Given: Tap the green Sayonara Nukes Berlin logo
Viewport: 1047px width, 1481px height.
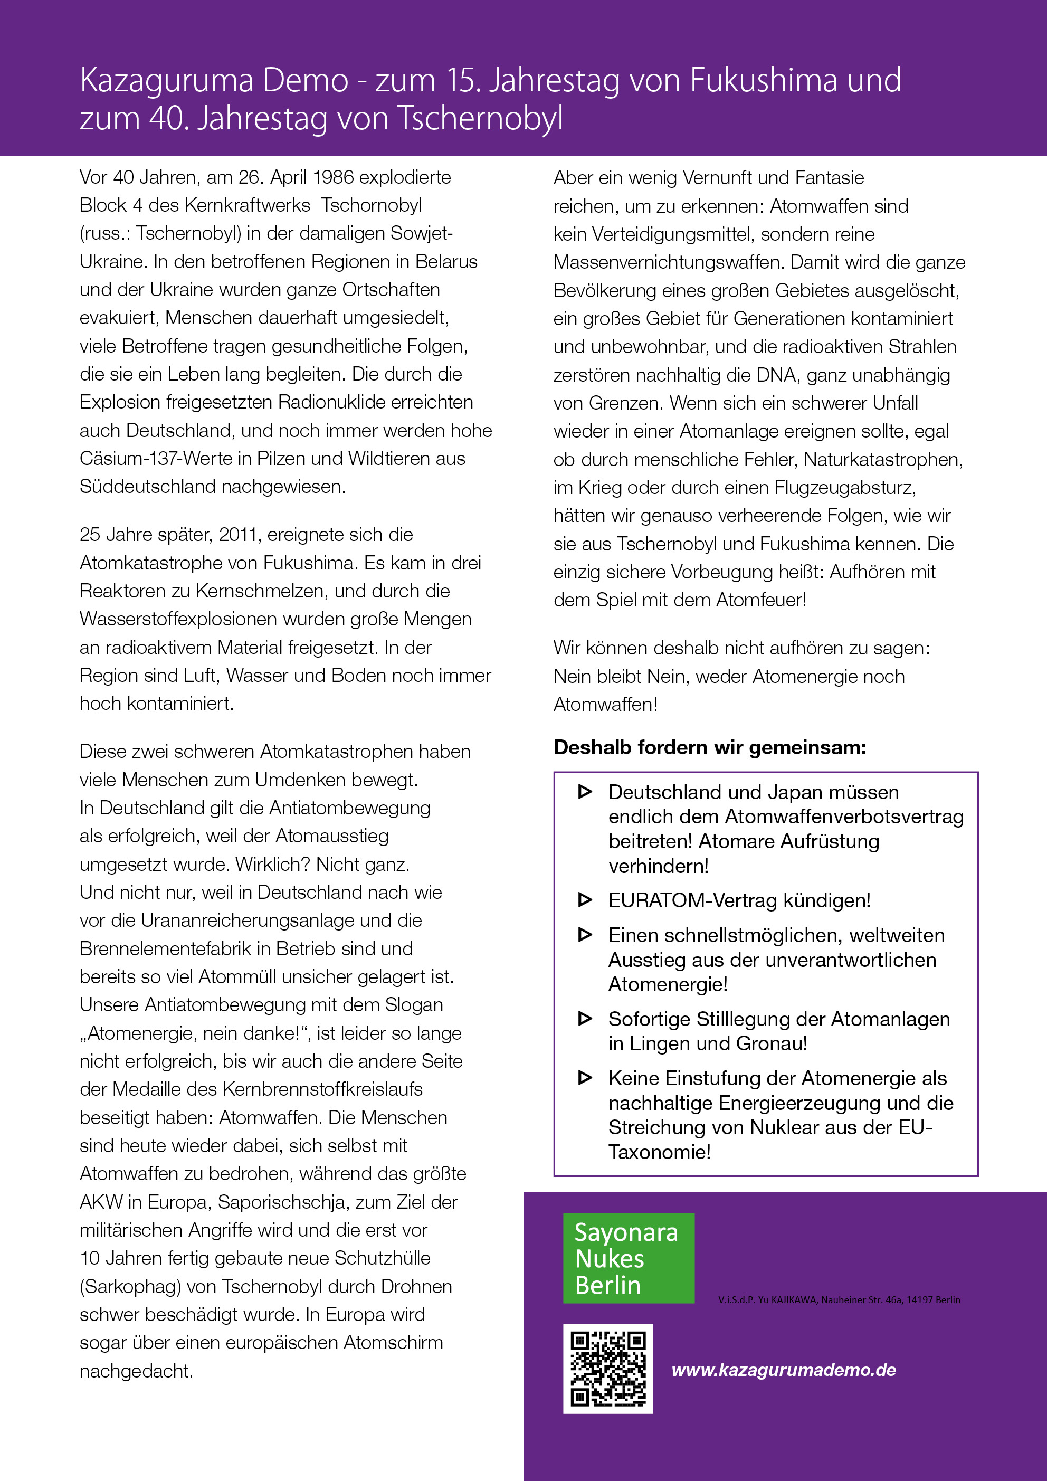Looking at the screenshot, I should [x=629, y=1258].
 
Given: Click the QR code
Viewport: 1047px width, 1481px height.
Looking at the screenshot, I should [x=608, y=1369].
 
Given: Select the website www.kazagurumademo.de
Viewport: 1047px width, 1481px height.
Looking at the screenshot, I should [x=783, y=1370].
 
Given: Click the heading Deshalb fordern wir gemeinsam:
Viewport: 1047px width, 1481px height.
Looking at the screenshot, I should [x=710, y=747].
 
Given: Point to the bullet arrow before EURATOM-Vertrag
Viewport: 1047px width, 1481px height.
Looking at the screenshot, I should [x=585, y=900].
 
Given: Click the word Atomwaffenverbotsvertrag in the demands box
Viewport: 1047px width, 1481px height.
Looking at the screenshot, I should [x=844, y=817].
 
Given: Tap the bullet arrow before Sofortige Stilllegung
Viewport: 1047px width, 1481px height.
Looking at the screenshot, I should [x=585, y=1019].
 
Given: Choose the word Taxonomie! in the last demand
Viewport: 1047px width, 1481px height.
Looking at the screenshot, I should [x=659, y=1152].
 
